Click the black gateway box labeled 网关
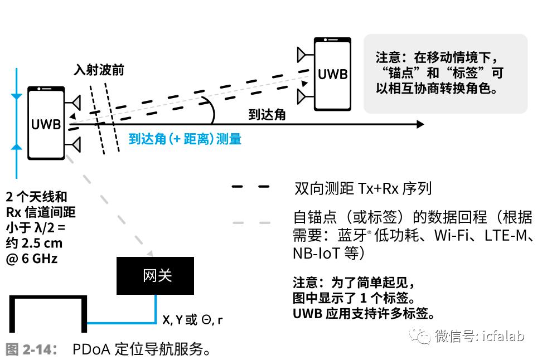(155, 276)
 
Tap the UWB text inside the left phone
(46, 124)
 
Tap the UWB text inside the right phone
(332, 74)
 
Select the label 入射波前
(99, 70)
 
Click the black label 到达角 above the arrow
(267, 114)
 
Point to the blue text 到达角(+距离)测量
(185, 139)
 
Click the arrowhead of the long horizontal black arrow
(420, 124)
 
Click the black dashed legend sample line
(250, 187)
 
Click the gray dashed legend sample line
(251, 223)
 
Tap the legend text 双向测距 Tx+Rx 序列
(363, 188)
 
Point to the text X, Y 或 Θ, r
(192, 320)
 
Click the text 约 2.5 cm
(34, 243)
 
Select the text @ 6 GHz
(31, 259)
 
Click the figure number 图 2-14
(31, 349)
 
